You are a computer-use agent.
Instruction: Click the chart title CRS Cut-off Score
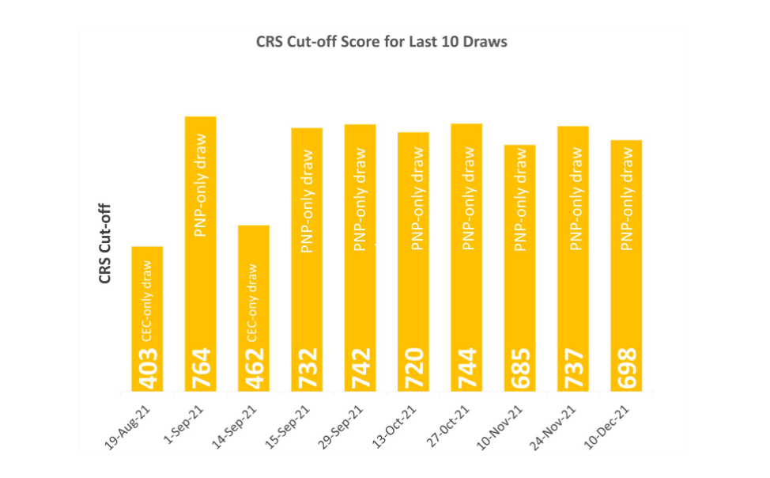coord(382,42)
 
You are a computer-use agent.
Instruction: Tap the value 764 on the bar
coord(201,369)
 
